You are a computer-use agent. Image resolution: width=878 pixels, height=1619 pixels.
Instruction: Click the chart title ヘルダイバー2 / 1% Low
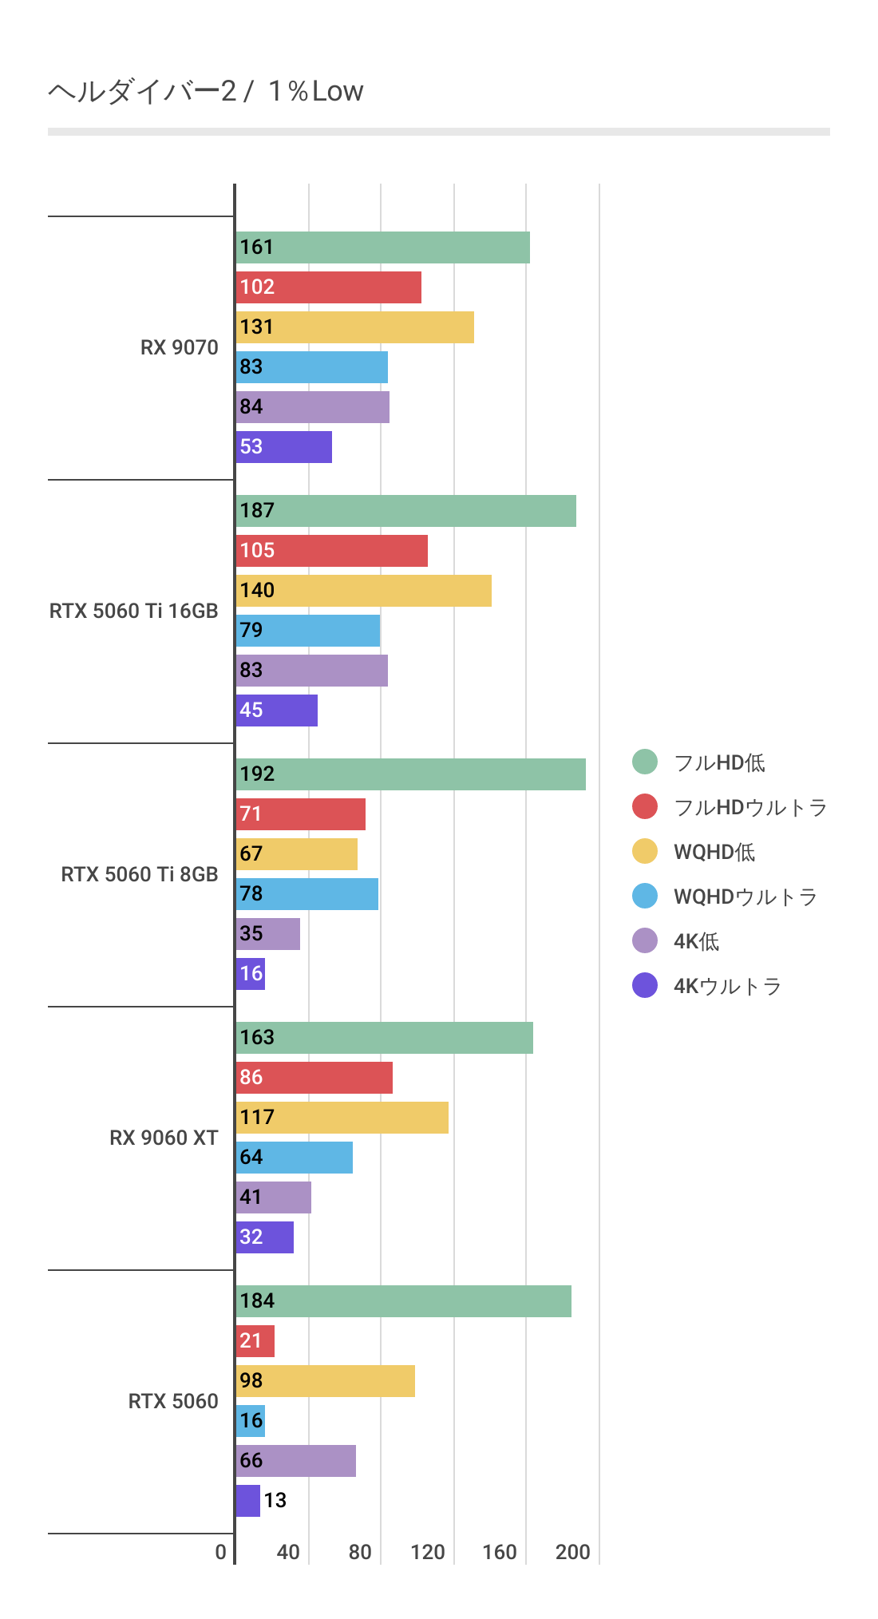205,92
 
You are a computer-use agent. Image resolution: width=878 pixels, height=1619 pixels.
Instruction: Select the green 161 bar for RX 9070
383,247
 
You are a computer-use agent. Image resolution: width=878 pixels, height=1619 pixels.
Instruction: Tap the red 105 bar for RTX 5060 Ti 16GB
332,551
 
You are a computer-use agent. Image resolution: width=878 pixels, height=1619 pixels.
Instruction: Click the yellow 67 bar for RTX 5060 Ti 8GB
297,854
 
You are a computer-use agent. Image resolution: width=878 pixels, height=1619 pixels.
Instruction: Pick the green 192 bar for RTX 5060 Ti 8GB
411,774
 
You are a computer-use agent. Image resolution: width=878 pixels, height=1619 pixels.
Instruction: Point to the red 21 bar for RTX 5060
255,1341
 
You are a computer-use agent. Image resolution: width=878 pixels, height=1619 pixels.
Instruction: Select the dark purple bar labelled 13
248,1501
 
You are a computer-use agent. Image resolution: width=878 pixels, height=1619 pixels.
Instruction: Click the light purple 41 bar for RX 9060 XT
274,1197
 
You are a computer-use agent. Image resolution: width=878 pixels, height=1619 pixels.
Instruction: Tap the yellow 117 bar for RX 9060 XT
342,1118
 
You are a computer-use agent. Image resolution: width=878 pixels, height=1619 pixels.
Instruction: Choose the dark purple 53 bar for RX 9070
284,447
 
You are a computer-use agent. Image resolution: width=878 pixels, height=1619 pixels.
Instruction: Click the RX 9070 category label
179,348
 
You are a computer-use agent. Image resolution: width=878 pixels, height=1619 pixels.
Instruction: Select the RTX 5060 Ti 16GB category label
133,612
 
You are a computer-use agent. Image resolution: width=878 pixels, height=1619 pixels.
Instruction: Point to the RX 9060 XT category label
164,1138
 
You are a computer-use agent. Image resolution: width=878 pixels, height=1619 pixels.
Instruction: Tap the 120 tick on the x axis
428,1552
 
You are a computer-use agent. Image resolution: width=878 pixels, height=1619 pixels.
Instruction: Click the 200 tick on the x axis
572,1552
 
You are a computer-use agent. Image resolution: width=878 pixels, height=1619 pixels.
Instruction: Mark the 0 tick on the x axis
221,1552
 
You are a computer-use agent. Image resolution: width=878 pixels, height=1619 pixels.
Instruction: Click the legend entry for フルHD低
718,762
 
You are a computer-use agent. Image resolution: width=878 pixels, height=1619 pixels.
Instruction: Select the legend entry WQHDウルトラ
745,897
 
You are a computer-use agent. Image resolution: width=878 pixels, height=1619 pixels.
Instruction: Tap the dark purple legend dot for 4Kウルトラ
645,986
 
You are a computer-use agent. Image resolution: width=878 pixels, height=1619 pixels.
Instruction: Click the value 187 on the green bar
257,511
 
